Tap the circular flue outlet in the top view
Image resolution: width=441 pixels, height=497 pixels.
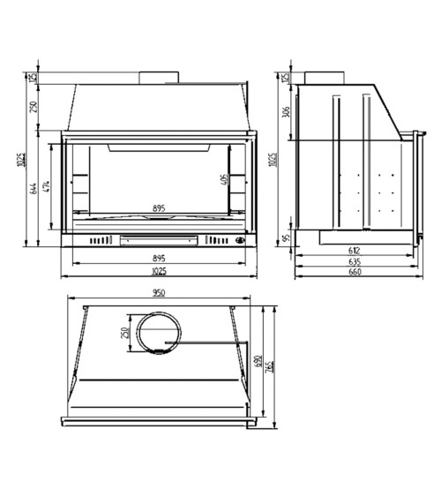(158, 333)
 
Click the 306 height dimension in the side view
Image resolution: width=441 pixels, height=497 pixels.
(286, 112)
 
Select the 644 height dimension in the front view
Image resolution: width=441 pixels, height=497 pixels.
(34, 189)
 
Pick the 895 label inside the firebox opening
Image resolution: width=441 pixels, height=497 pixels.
(159, 209)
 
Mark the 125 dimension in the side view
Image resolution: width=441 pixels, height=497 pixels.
(286, 78)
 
